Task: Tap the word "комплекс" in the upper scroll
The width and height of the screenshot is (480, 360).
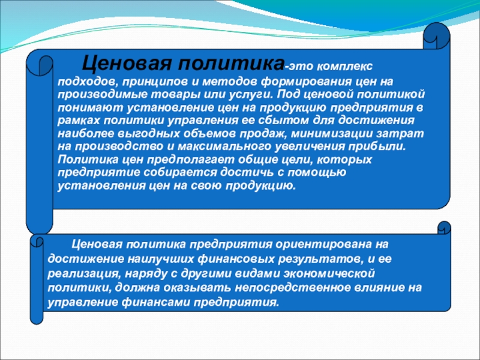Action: [344, 67]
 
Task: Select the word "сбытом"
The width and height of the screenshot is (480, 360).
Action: [283, 121]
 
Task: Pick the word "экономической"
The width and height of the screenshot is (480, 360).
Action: [329, 274]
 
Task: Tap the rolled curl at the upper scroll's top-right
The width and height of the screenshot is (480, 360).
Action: [436, 36]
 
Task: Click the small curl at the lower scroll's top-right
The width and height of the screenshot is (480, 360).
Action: [444, 228]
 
